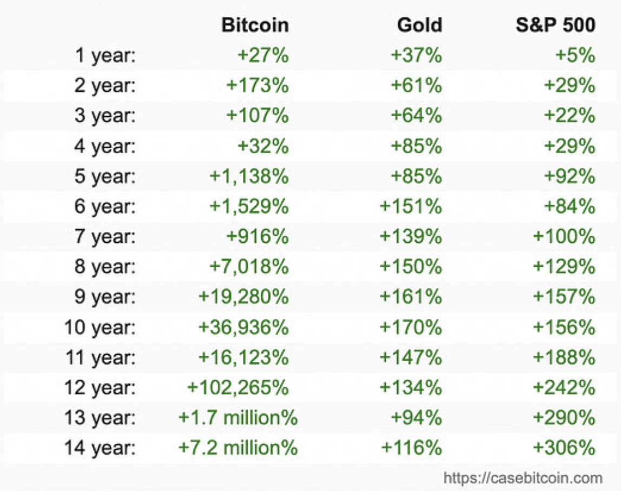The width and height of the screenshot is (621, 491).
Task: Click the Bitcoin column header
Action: [255, 25]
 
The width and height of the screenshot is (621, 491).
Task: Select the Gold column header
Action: [419, 25]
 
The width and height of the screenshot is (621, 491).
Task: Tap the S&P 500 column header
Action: [556, 25]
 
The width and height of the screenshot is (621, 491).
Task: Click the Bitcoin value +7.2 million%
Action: [238, 448]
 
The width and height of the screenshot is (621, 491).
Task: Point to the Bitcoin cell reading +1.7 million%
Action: [238, 417]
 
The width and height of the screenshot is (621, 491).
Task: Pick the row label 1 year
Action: [105, 56]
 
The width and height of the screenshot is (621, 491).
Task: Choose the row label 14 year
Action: [100, 448]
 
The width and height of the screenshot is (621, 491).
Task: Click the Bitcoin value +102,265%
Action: [238, 387]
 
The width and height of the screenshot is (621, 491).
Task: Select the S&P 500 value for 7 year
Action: [564, 237]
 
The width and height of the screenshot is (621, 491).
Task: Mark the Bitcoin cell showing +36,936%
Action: [243, 327]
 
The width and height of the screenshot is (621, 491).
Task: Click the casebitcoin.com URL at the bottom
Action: [523, 478]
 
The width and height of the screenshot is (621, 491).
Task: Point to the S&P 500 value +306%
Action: [564, 448]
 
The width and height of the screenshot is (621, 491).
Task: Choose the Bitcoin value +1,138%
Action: [249, 176]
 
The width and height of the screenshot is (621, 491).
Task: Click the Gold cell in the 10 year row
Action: [411, 327]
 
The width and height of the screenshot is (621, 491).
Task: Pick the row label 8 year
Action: [105, 267]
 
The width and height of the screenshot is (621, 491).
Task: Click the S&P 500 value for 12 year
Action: [564, 387]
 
